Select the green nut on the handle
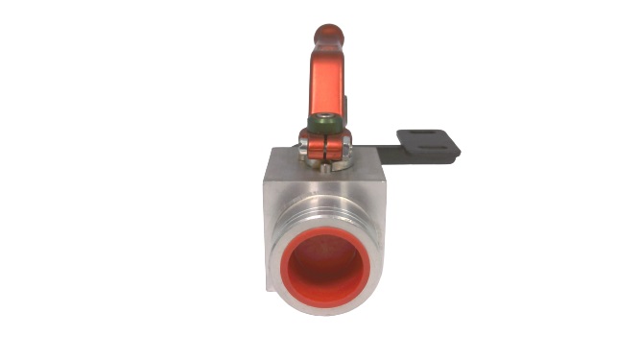tap(323, 126)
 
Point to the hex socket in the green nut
tap(325, 122)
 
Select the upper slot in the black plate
tap(426, 136)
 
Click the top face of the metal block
tap(288, 159)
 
